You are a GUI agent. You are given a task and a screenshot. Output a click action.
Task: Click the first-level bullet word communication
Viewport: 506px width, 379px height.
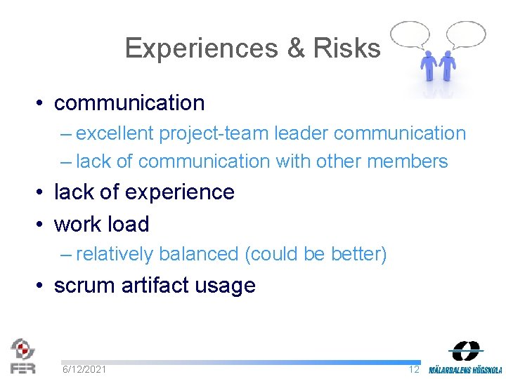129,103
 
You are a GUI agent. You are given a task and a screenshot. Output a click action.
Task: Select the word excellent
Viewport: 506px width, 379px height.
117,133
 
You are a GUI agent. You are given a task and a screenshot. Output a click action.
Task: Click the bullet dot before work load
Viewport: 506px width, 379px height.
42,225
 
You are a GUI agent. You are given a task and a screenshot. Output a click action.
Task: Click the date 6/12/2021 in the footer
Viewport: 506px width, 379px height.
84,369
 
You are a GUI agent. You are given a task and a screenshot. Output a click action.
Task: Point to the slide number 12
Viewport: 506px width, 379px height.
413,369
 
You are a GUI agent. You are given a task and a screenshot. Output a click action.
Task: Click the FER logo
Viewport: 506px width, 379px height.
22,356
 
